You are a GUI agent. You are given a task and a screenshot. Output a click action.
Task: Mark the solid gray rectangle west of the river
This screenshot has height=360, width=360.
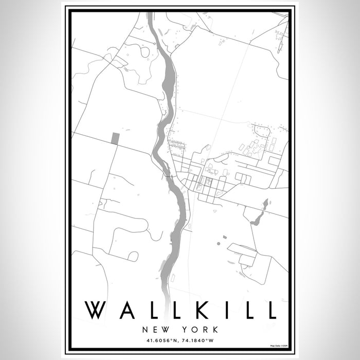tap(115, 138)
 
